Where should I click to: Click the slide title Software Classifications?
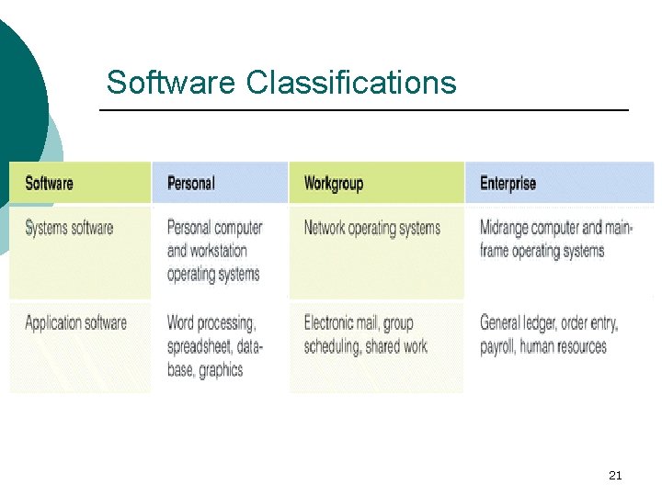(x=280, y=83)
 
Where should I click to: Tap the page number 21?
(x=616, y=475)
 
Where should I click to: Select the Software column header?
(x=49, y=183)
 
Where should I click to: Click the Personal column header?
(x=190, y=183)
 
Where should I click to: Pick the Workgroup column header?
(x=333, y=183)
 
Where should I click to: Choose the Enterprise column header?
(x=508, y=183)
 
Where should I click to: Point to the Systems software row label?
(x=69, y=228)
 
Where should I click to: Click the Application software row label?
(x=75, y=323)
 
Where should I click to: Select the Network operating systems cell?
(x=371, y=228)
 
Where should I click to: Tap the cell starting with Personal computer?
(x=214, y=251)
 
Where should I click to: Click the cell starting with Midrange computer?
(x=555, y=239)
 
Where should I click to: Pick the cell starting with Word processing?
(x=214, y=346)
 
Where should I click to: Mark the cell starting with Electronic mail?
(x=365, y=334)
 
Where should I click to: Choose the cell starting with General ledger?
(x=549, y=334)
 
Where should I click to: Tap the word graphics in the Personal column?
(x=221, y=370)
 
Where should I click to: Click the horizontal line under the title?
(x=363, y=110)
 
